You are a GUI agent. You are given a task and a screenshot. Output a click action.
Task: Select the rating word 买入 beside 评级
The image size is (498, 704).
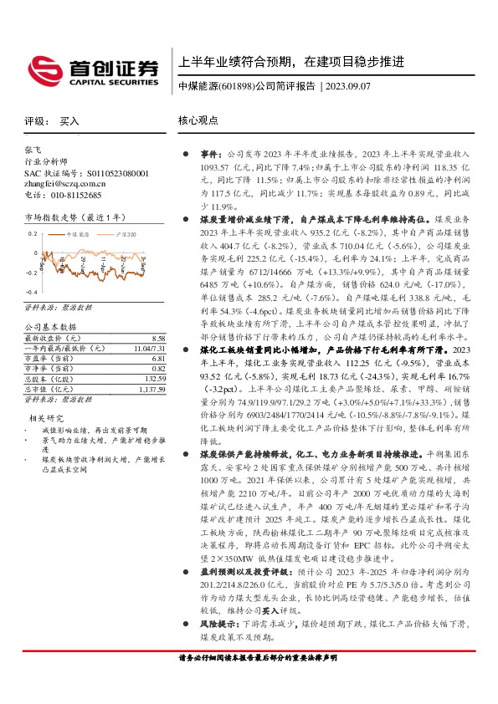click(x=69, y=121)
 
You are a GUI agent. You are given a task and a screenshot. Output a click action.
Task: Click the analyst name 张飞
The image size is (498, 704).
click(x=33, y=149)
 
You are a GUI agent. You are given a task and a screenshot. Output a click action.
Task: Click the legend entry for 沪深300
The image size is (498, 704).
click(x=126, y=235)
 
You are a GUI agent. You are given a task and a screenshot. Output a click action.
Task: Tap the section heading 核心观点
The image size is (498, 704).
click(x=197, y=121)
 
